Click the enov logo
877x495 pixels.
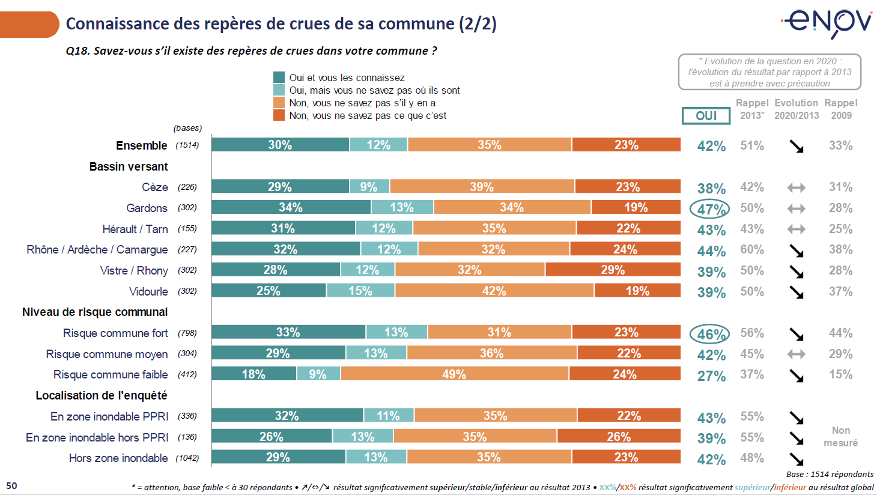click(x=828, y=23)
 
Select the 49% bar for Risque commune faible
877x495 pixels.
click(x=454, y=374)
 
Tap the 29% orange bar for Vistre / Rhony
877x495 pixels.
click(x=613, y=270)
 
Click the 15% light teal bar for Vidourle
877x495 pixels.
click(x=360, y=291)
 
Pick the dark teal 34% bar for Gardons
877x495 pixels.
click(x=291, y=207)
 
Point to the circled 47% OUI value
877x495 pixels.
click(x=710, y=209)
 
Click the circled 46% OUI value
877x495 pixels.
click(x=710, y=334)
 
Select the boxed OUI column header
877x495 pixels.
click(x=706, y=115)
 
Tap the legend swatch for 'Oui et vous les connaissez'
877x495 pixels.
click(x=279, y=77)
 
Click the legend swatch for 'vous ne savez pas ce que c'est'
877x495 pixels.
click(x=279, y=115)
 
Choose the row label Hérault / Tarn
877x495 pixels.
click(x=135, y=229)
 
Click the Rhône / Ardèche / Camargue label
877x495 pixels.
click(x=97, y=249)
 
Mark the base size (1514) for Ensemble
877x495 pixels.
click(x=187, y=145)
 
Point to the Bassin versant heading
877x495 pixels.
click(x=129, y=166)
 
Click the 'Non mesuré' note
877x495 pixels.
click(x=840, y=437)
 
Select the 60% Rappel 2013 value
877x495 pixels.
click(x=752, y=249)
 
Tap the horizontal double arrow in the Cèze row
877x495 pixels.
click(x=797, y=188)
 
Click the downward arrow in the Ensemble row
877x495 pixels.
click(x=797, y=146)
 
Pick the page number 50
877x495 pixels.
click(x=12, y=485)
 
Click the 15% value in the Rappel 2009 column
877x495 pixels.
click(x=840, y=374)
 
